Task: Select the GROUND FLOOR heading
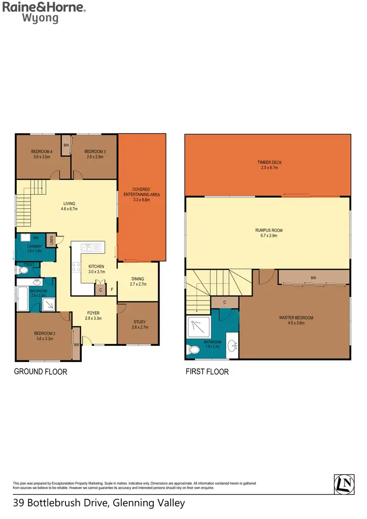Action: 41,372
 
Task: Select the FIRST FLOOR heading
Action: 207,372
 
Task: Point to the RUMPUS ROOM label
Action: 269,233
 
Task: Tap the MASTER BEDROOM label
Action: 296,320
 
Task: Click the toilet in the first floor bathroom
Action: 194,350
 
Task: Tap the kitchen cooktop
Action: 77,268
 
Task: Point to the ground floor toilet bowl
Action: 23,270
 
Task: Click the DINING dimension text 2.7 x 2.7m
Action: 138,284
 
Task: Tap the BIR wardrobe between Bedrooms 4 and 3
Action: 66,145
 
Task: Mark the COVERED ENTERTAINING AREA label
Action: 142,192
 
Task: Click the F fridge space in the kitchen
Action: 112,290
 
